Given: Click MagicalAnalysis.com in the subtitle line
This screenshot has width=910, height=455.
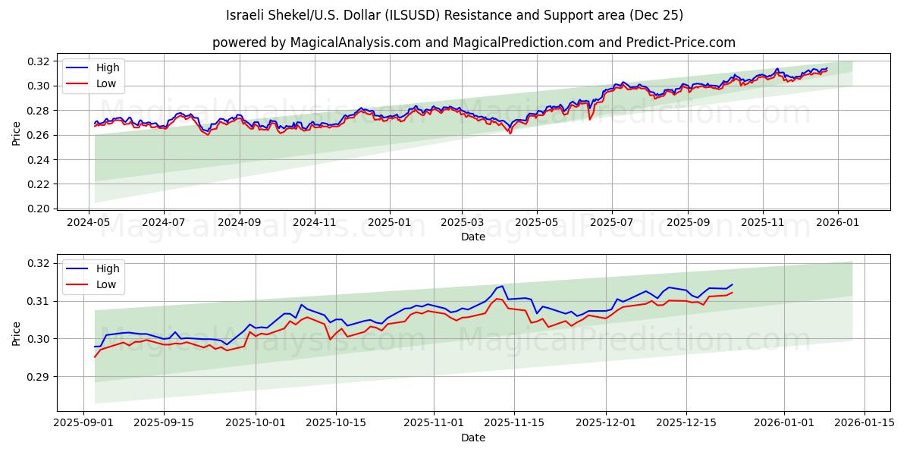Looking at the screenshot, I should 355,42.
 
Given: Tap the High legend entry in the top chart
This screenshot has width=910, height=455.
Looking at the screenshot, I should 108,67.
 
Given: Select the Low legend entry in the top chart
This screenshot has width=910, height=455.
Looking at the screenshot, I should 106,83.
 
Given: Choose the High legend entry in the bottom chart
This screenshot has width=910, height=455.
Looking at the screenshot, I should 108,268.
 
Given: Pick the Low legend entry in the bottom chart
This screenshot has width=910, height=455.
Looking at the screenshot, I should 106,284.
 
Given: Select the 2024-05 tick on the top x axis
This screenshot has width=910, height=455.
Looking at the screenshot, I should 89,222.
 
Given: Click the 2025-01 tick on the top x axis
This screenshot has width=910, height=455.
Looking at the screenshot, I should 390,222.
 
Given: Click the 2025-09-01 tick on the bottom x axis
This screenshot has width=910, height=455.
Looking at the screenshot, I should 83,423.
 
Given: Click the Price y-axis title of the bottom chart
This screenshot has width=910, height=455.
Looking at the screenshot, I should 17,334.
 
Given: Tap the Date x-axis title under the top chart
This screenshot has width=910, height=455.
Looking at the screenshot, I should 472,237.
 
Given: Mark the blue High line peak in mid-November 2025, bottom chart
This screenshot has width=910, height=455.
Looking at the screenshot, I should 502,286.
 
